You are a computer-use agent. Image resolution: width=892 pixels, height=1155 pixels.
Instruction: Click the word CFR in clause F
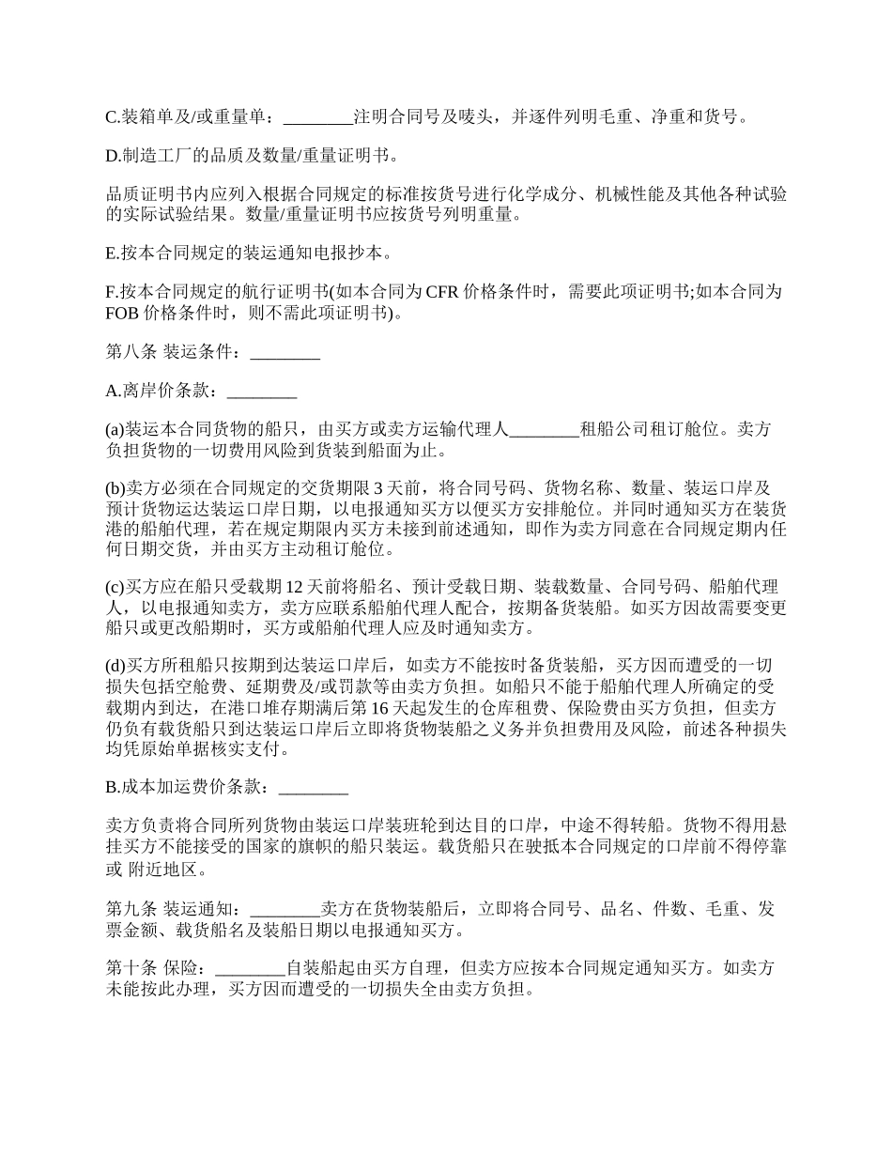coord(443,290)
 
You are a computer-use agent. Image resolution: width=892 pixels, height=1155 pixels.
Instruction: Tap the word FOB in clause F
coord(123,313)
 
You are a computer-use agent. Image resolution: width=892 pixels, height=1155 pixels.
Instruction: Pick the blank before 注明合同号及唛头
coord(317,117)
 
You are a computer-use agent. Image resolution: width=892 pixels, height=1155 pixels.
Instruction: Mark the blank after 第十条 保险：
coord(251,967)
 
